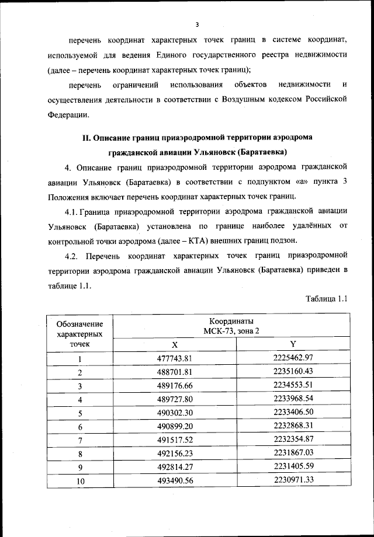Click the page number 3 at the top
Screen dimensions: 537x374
[x=198, y=25]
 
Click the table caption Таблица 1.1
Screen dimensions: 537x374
[x=327, y=299]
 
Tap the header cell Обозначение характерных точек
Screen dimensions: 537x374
[x=79, y=333]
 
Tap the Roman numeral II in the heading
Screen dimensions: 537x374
[x=85, y=138]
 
